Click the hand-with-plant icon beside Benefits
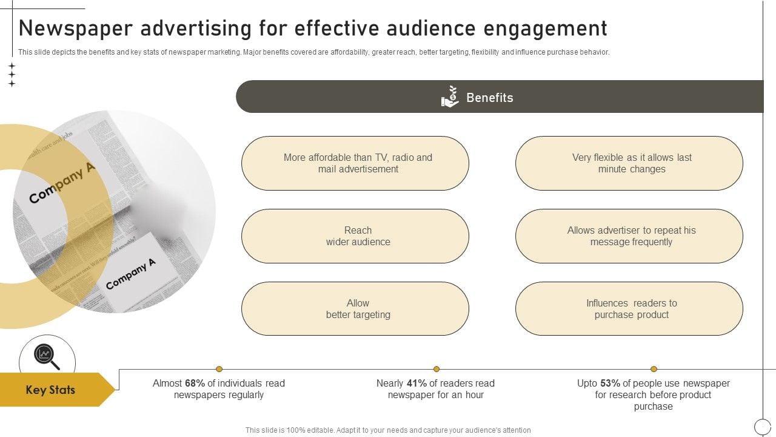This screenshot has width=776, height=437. (x=450, y=97)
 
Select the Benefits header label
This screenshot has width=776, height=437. (x=489, y=98)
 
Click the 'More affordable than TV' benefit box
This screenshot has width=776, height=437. (x=355, y=163)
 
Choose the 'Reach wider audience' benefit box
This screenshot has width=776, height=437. (x=355, y=236)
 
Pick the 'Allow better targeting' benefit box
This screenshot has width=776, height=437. (x=355, y=309)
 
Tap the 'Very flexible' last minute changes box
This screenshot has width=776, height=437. (x=629, y=163)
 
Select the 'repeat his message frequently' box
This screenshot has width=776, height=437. (x=629, y=236)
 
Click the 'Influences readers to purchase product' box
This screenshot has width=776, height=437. (x=629, y=309)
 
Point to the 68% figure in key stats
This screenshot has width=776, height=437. (x=195, y=384)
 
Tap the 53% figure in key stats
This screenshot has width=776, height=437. (x=610, y=384)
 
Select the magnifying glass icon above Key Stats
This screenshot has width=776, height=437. (x=46, y=356)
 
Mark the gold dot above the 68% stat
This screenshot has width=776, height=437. (x=219, y=369)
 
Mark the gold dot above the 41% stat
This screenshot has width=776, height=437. (x=436, y=369)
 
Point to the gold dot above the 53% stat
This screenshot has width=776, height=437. (x=654, y=369)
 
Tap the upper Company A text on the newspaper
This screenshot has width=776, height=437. (x=62, y=183)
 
